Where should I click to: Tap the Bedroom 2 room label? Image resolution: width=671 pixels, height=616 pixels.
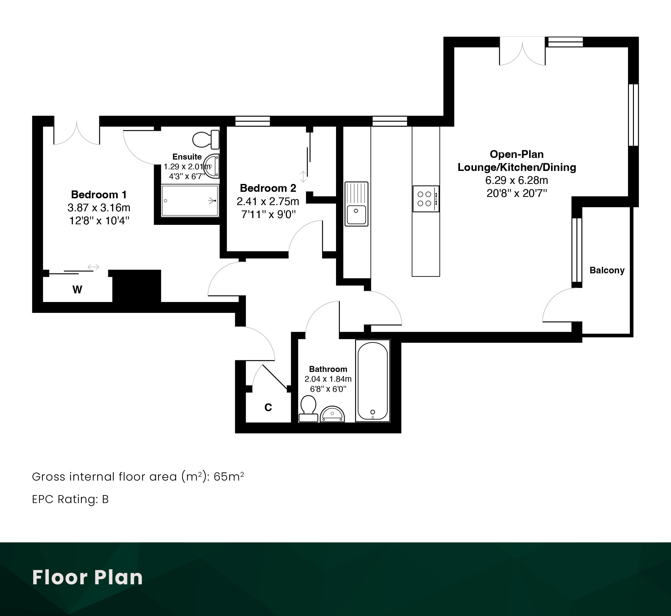click(268, 188)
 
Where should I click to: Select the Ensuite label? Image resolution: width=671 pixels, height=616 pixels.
click(187, 157)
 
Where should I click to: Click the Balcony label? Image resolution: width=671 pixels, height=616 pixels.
click(607, 270)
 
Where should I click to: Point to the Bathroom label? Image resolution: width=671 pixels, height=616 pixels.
click(328, 369)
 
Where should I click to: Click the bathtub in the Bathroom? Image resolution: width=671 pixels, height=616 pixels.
click(372, 381)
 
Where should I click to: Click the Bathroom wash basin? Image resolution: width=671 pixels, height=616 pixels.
click(332, 414)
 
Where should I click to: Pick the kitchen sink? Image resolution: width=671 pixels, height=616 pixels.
click(356, 204)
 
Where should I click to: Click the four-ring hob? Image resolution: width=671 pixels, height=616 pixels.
click(426, 199)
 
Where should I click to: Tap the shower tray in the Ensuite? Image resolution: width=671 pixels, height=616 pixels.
click(190, 201)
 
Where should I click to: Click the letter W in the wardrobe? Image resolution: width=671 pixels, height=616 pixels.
click(77, 290)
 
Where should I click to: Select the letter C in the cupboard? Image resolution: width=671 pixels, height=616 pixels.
click(268, 407)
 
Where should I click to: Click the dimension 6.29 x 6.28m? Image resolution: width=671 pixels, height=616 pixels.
click(517, 180)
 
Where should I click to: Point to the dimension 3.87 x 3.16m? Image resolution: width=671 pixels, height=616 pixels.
click(99, 208)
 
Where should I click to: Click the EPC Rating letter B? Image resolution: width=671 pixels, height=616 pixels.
click(105, 499)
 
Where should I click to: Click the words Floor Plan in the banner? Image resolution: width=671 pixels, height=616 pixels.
click(87, 577)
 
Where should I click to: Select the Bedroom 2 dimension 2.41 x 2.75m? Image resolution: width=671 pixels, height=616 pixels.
click(268, 201)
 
